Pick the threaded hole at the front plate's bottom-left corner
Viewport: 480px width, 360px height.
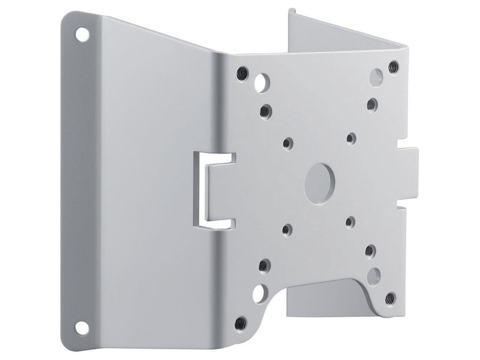241,321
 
